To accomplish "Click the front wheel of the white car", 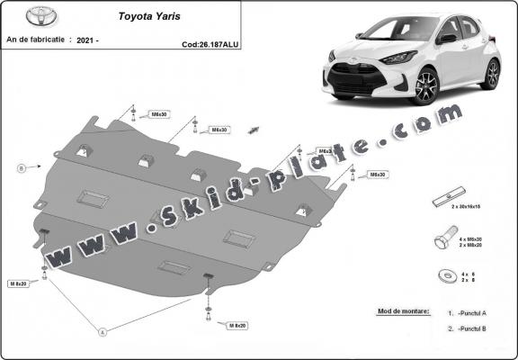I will pyautogui.click(x=424, y=87).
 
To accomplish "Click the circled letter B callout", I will pyautogui.click(x=20, y=167).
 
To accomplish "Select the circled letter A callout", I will pyautogui.click(x=103, y=332).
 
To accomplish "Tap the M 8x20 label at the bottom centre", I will pyautogui.click(x=237, y=324).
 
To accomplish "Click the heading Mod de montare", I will pyautogui.click(x=399, y=311).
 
